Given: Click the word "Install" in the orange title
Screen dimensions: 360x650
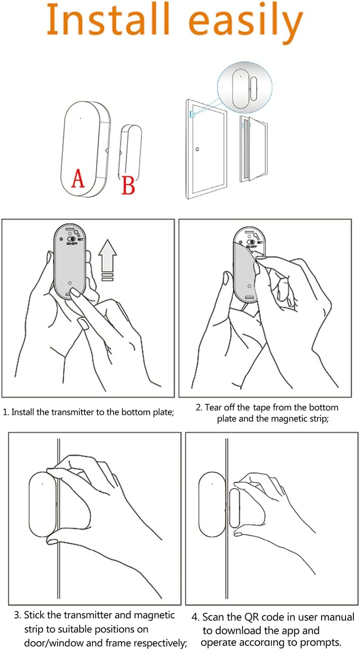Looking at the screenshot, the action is (x=108, y=19).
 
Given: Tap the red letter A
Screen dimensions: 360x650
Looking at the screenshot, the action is (x=78, y=178).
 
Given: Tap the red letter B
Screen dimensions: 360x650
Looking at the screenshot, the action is (x=128, y=185).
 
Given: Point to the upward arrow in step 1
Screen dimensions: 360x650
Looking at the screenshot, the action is (x=108, y=260).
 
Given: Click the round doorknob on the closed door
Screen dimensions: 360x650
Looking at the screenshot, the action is (x=197, y=149).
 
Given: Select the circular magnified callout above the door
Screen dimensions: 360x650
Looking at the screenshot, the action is (x=245, y=87).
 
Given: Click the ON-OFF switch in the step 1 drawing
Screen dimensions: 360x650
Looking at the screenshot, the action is (x=72, y=239).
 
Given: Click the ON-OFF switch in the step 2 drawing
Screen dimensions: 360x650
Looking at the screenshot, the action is (x=251, y=242).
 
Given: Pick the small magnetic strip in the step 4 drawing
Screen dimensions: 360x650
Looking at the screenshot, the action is (x=234, y=508).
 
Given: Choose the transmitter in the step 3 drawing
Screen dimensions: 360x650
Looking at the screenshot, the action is (x=43, y=504).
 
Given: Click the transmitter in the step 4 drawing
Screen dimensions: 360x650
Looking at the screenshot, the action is (x=212, y=504).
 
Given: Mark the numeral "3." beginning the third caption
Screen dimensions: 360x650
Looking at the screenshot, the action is (x=18, y=615).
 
